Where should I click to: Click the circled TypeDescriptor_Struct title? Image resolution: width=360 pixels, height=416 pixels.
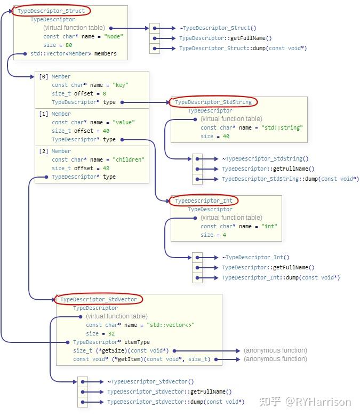[51, 11]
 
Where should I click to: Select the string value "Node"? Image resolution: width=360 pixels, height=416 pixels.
[114, 36]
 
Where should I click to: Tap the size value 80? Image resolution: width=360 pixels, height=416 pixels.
[69, 45]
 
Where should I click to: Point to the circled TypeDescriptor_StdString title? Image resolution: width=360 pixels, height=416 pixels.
[213, 102]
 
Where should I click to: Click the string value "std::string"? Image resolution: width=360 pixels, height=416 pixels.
[282, 127]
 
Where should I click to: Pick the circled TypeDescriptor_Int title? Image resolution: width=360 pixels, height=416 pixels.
[204, 201]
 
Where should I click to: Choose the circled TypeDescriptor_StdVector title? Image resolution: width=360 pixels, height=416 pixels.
[99, 300]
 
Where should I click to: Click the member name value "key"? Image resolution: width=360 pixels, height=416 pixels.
[121, 85]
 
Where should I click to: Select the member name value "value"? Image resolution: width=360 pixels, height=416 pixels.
[124, 122]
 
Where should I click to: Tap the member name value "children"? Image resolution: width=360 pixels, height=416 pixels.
[129, 159]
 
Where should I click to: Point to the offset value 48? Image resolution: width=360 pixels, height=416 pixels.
[106, 168]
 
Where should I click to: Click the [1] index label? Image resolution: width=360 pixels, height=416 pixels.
[44, 114]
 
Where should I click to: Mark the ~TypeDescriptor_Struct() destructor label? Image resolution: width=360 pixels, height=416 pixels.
[218, 28]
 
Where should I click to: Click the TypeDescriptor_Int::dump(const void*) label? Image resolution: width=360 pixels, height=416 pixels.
[281, 277]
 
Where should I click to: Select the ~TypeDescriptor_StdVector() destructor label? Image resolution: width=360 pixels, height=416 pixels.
[150, 381]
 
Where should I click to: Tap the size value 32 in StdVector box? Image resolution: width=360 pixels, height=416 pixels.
[111, 333]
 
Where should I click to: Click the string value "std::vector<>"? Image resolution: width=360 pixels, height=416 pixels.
[171, 325]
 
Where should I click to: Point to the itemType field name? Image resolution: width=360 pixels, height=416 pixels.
[137, 342]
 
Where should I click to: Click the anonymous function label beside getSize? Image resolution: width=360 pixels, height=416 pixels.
[275, 350]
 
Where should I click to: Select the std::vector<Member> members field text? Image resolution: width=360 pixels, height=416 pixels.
[74, 53]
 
